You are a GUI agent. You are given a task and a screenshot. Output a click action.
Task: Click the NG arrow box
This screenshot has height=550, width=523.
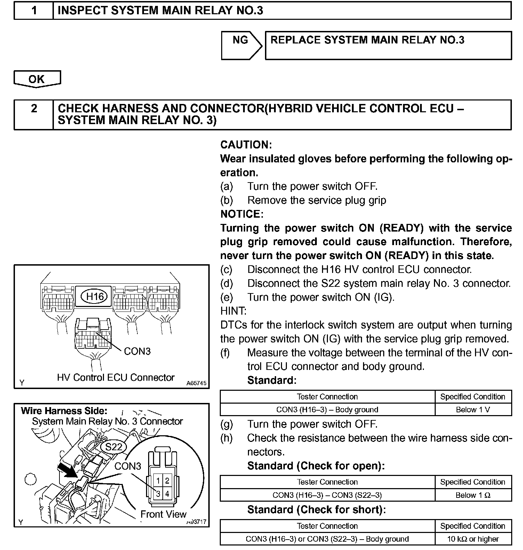(241, 45)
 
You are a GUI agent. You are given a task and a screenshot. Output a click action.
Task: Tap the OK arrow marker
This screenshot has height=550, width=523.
(37, 79)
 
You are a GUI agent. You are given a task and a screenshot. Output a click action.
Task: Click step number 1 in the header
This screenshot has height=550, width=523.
(34, 11)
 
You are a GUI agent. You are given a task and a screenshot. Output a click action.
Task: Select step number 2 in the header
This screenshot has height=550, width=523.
(34, 108)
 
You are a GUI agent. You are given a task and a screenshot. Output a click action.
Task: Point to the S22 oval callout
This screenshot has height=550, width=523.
(114, 446)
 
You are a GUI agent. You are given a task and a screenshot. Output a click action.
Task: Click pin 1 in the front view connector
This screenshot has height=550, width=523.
(158, 481)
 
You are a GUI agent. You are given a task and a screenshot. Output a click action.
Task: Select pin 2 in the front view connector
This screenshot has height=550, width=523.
(167, 481)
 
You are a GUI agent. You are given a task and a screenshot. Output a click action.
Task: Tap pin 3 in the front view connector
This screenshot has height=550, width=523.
(158, 494)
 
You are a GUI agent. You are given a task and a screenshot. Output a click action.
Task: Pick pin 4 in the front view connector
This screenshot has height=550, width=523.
(167, 494)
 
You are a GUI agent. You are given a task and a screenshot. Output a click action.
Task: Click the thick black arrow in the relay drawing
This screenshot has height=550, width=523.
(72, 470)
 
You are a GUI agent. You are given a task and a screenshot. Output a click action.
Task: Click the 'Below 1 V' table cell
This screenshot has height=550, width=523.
(473, 410)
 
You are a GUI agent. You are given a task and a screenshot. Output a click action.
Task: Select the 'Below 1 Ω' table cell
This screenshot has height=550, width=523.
(473, 495)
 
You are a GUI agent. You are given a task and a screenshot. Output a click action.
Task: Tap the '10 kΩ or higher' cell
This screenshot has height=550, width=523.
(473, 539)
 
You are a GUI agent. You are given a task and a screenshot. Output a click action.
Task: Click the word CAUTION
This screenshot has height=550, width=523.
(246, 145)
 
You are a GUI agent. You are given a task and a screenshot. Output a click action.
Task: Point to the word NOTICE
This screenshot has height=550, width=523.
(242, 214)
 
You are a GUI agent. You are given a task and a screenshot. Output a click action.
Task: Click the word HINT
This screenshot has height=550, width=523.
(233, 311)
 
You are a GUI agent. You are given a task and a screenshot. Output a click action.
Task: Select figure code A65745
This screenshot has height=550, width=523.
(196, 383)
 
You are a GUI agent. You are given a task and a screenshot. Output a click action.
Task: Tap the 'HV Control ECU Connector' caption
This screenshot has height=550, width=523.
(116, 377)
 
